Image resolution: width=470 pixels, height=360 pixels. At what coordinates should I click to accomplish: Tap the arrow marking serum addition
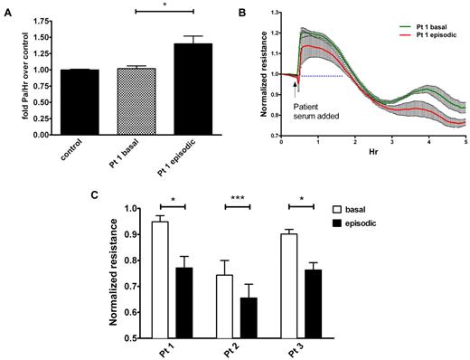tap(296, 84)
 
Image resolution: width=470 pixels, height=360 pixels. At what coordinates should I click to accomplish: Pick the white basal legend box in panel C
tap(385, 207)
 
